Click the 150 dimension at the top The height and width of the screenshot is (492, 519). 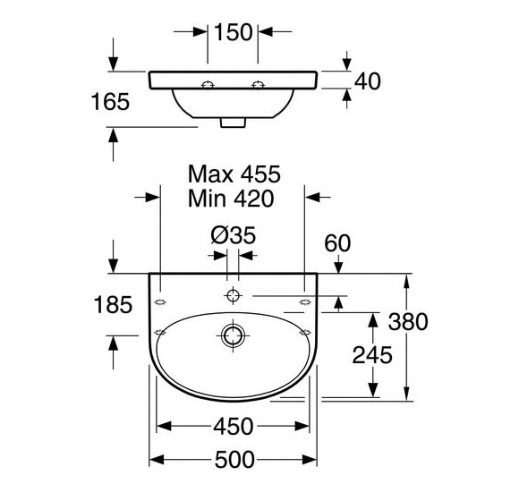click(x=234, y=32)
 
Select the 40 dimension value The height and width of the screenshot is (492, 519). click(x=368, y=81)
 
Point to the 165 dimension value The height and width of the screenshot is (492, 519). click(x=110, y=102)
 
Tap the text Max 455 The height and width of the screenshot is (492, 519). click(x=234, y=174)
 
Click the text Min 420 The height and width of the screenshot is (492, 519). click(x=231, y=199)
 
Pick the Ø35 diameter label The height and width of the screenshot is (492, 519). click(x=234, y=235)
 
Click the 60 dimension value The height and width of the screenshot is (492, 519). click(x=337, y=243)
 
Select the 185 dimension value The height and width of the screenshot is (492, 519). click(x=113, y=304)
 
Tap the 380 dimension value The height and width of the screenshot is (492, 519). click(x=408, y=322)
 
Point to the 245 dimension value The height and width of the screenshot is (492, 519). click(x=372, y=355)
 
